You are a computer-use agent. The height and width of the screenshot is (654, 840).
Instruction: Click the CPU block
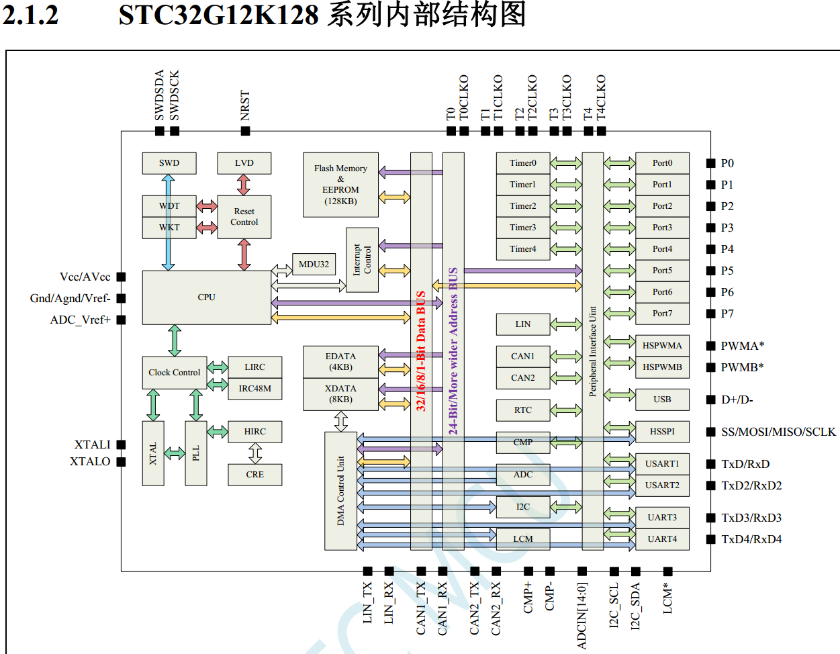pos(206,297)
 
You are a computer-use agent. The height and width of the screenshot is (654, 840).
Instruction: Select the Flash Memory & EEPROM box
pos(340,185)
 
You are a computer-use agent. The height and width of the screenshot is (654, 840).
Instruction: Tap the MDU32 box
pos(314,265)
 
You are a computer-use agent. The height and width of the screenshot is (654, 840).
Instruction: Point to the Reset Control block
pos(244,217)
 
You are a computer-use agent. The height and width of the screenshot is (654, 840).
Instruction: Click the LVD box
pos(244,163)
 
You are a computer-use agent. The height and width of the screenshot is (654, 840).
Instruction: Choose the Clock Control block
pos(174,373)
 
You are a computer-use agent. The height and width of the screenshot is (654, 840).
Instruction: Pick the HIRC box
pos(254,432)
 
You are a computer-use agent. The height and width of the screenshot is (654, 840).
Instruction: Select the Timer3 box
pos(522,228)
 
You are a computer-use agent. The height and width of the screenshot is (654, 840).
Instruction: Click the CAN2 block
pos(522,378)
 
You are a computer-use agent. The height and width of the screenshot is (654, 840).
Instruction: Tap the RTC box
pos(522,410)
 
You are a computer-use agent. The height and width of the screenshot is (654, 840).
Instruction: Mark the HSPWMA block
pos(662,346)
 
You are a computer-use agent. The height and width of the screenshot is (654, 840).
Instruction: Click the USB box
pos(662,400)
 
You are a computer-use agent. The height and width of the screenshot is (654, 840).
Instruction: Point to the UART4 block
pos(662,539)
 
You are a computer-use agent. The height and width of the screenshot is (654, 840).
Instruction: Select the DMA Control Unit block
pos(340,491)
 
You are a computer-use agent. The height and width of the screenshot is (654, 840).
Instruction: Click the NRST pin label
pos(245,105)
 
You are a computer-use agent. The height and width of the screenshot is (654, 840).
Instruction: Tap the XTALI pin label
pos(92,445)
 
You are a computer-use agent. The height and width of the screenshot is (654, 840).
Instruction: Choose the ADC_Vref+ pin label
pos(80,320)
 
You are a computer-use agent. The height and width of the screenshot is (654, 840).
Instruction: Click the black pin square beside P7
pos(710,314)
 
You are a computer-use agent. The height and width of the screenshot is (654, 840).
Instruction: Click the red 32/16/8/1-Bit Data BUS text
pos(421,351)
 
